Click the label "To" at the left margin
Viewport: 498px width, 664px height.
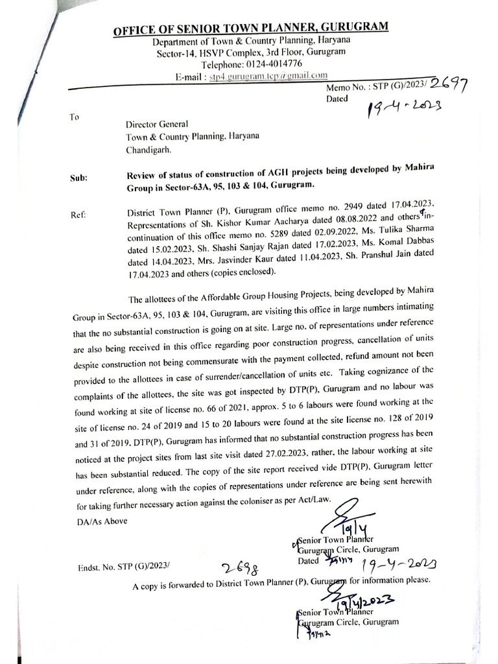click(x=74, y=117)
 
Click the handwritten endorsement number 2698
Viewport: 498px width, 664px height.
click(x=237, y=568)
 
